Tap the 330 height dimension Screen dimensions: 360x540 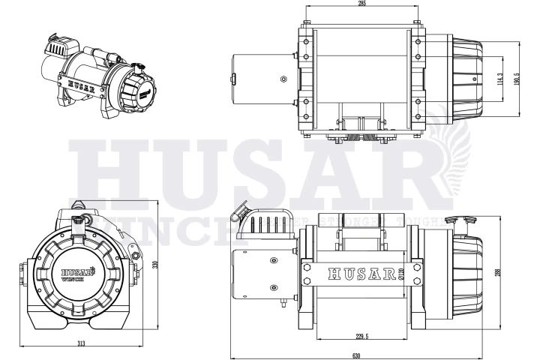[155, 263]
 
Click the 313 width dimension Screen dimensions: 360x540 [81, 343]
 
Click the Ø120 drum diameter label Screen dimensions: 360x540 [401, 274]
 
